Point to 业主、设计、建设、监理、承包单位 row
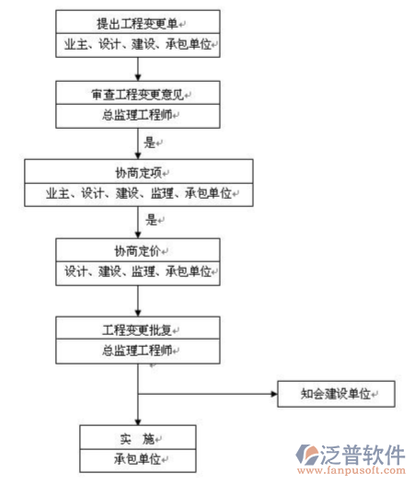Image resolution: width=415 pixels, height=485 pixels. click(139, 193)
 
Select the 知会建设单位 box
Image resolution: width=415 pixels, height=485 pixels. click(335, 394)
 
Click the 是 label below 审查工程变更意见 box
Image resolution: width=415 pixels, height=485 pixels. click(150, 143)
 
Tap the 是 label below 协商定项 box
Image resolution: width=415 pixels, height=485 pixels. click(150, 221)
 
